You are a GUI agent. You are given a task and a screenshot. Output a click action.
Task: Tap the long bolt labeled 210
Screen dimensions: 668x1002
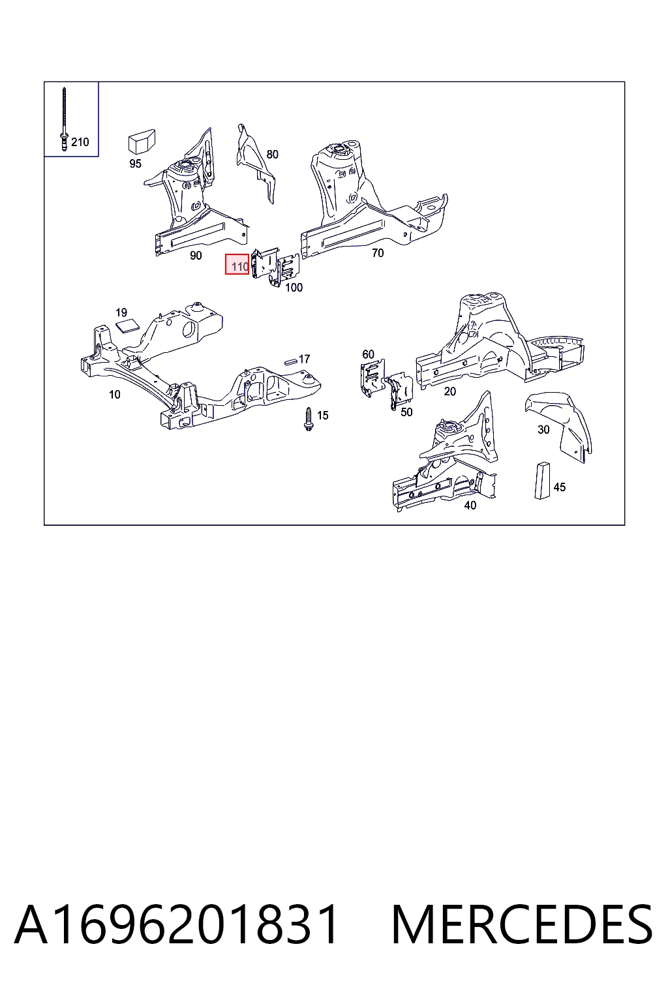[x=64, y=119]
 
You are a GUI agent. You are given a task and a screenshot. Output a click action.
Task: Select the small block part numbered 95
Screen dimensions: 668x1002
[x=142, y=142]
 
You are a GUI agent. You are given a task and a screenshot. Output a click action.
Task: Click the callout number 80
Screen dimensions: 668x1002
[x=272, y=155]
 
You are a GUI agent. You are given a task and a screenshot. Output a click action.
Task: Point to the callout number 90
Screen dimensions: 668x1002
[x=196, y=256]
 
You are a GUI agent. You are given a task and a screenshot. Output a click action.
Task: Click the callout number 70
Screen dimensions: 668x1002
[x=378, y=253]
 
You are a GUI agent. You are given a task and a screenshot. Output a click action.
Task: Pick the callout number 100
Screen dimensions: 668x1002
[x=294, y=288]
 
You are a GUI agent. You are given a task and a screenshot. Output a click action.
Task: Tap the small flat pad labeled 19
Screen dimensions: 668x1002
[x=127, y=326]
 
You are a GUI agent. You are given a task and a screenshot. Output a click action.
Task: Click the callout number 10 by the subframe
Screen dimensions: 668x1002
[x=115, y=395]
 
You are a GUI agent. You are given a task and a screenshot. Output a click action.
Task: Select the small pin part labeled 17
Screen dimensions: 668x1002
[x=291, y=361]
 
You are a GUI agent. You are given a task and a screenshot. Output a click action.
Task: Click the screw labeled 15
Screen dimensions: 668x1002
[x=309, y=419]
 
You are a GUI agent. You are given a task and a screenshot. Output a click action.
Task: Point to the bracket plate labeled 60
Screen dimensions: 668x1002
[x=372, y=378]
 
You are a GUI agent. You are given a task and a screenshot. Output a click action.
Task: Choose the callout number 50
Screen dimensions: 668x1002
[x=406, y=412]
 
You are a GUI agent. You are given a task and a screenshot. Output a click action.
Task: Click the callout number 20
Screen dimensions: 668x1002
[x=449, y=391]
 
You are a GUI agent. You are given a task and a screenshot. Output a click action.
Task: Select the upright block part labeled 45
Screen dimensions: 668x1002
[x=542, y=480]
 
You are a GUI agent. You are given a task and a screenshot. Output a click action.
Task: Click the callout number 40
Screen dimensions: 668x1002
[x=470, y=506]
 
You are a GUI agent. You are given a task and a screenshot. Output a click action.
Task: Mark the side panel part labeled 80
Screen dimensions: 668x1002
[x=255, y=163]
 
